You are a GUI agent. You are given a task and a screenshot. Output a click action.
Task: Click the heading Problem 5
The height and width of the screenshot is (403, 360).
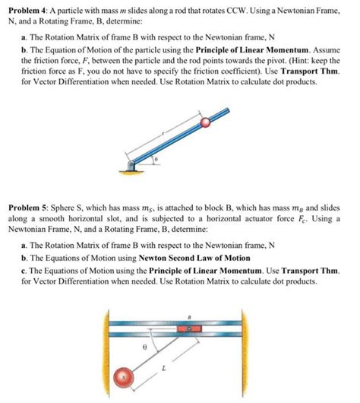click(x=27, y=207)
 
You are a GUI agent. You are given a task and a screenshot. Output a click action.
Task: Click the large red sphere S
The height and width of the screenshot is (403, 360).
click(x=124, y=379)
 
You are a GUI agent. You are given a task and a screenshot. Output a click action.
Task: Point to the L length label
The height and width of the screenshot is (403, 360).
click(x=173, y=365)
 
